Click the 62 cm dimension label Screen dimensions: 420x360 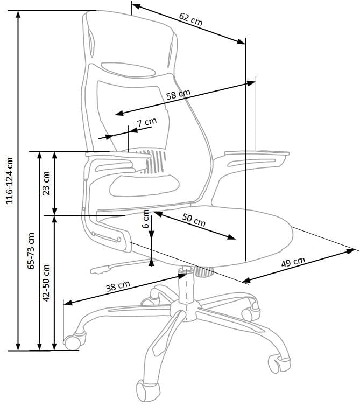click(x=190, y=19)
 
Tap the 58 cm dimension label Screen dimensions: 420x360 click(x=178, y=95)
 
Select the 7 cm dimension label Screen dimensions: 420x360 click(x=146, y=122)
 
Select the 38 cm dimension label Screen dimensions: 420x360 click(x=118, y=286)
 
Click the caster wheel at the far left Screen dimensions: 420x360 click(x=73, y=341)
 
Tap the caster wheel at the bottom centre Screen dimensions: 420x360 click(x=146, y=390)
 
